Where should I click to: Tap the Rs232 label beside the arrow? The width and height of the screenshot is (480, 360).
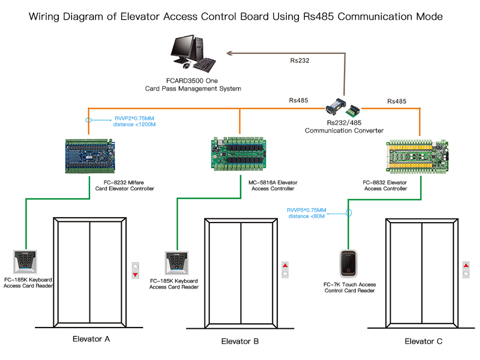299,61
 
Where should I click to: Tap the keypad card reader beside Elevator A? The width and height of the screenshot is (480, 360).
25,262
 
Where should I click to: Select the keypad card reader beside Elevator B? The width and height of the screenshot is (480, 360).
176,263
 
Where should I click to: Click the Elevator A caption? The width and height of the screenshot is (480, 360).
91,339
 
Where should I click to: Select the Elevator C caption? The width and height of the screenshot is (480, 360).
423,341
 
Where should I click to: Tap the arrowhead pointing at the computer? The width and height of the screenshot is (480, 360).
232,53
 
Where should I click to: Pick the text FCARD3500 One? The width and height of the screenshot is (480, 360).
191,80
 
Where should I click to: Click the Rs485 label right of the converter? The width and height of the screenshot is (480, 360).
397,101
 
